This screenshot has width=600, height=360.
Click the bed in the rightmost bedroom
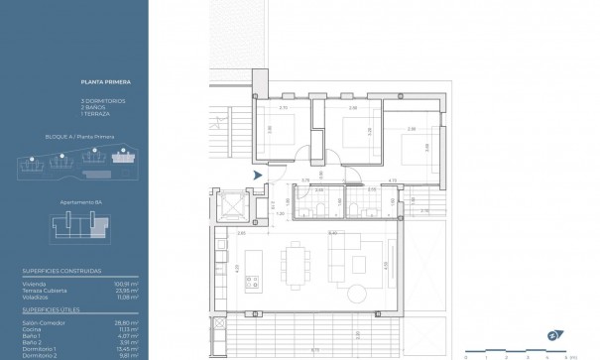(x=417, y=149)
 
